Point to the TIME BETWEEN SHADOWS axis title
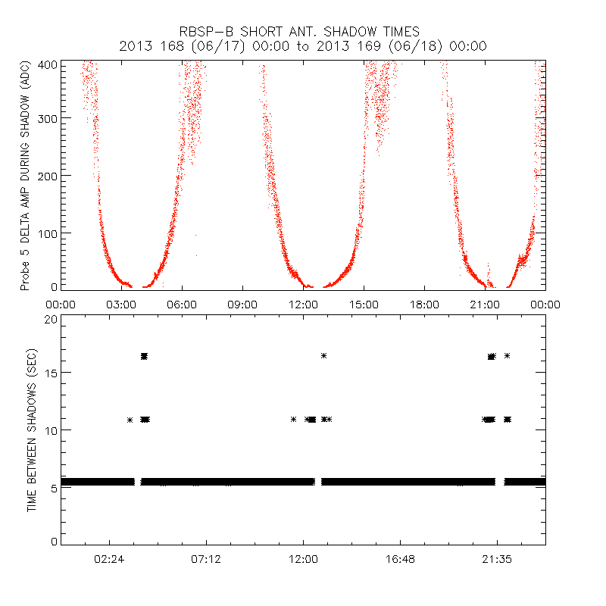tap(32, 430)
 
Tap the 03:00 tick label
tap(121, 305)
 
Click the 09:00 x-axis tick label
tap(242, 305)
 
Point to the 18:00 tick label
tap(424, 305)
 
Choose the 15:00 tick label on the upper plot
tap(364, 305)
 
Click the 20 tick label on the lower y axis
tap(51, 320)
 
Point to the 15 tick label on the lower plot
tap(51, 373)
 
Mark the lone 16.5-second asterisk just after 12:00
tap(324, 355)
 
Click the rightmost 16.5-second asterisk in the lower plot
tap(507, 355)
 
